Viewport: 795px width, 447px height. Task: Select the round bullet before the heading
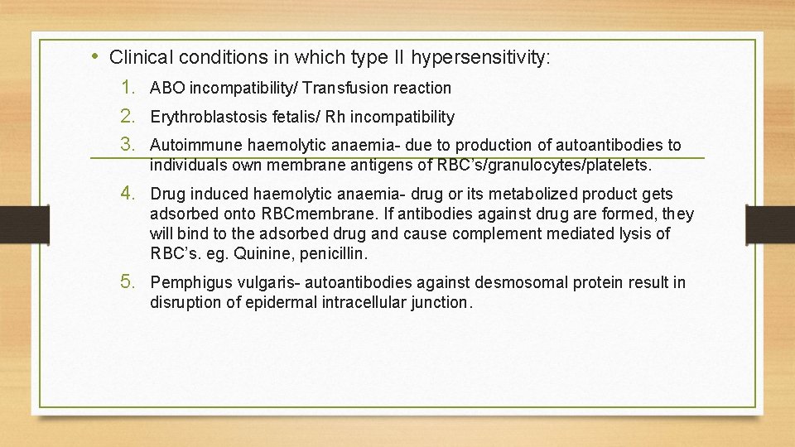pos(96,56)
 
